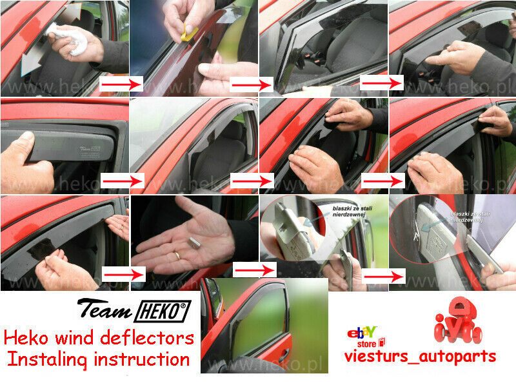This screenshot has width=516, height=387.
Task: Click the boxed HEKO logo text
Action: click(x=162, y=312)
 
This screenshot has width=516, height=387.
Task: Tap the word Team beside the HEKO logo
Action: click(x=104, y=310)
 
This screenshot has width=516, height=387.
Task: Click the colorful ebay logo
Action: click(x=362, y=333)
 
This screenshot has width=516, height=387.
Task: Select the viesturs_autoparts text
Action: click(x=420, y=356)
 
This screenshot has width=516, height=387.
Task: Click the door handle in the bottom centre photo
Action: click(x=284, y=355)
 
